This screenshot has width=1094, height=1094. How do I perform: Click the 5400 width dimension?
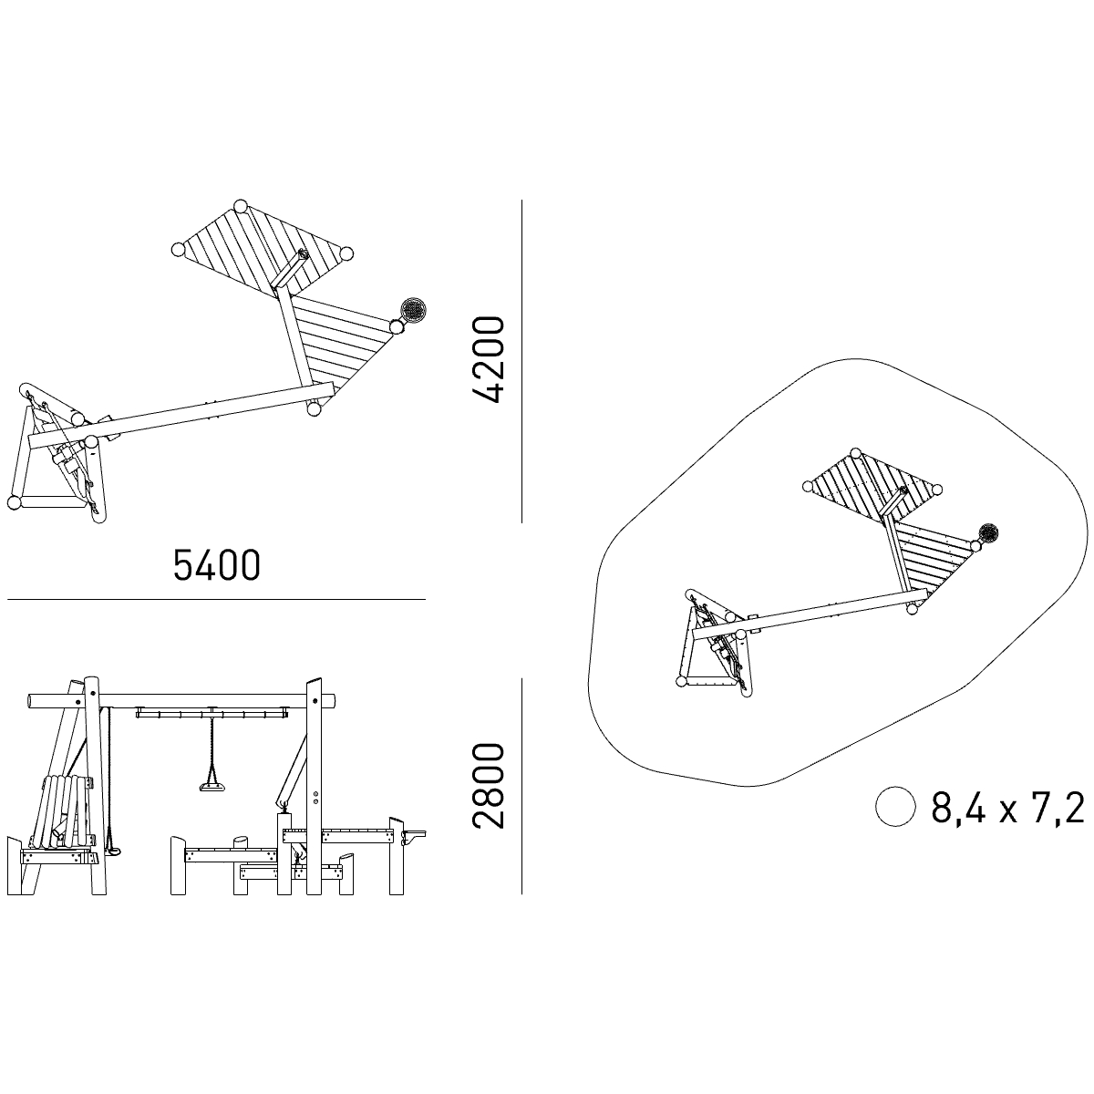tap(216, 565)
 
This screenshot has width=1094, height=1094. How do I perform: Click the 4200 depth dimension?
tap(489, 360)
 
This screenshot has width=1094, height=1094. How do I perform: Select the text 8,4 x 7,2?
tap(1007, 808)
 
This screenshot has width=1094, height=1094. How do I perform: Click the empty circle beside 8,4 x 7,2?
tap(895, 807)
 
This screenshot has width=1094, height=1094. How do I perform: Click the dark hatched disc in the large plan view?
tap(413, 309)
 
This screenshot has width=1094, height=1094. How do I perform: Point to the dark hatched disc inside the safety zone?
tap(989, 533)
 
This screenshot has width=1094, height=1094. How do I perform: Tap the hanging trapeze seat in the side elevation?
tap(212, 786)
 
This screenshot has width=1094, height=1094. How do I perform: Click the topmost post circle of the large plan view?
tap(240, 206)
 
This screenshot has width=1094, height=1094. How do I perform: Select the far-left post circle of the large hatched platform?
tap(178, 249)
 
